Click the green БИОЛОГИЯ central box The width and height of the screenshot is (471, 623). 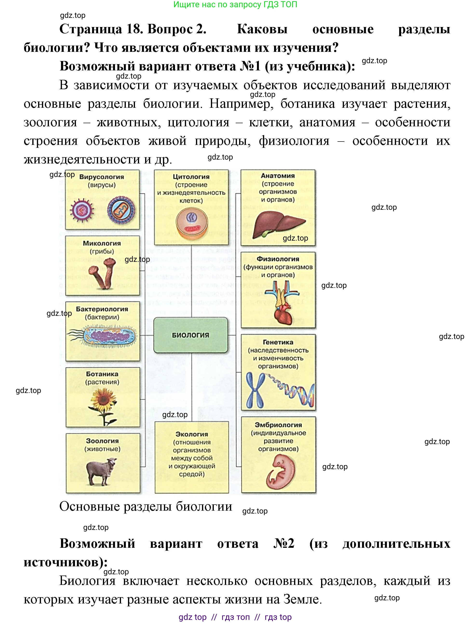point(191,335)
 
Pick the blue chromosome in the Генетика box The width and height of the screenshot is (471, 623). point(255,390)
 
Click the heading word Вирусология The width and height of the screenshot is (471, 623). point(102,177)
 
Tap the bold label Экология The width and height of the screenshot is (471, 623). point(192,434)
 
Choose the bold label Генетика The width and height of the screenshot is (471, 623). point(278,342)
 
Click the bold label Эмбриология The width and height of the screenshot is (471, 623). point(278,425)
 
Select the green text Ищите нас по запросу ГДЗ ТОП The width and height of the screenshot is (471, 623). point(235,5)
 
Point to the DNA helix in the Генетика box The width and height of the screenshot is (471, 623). point(293,390)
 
